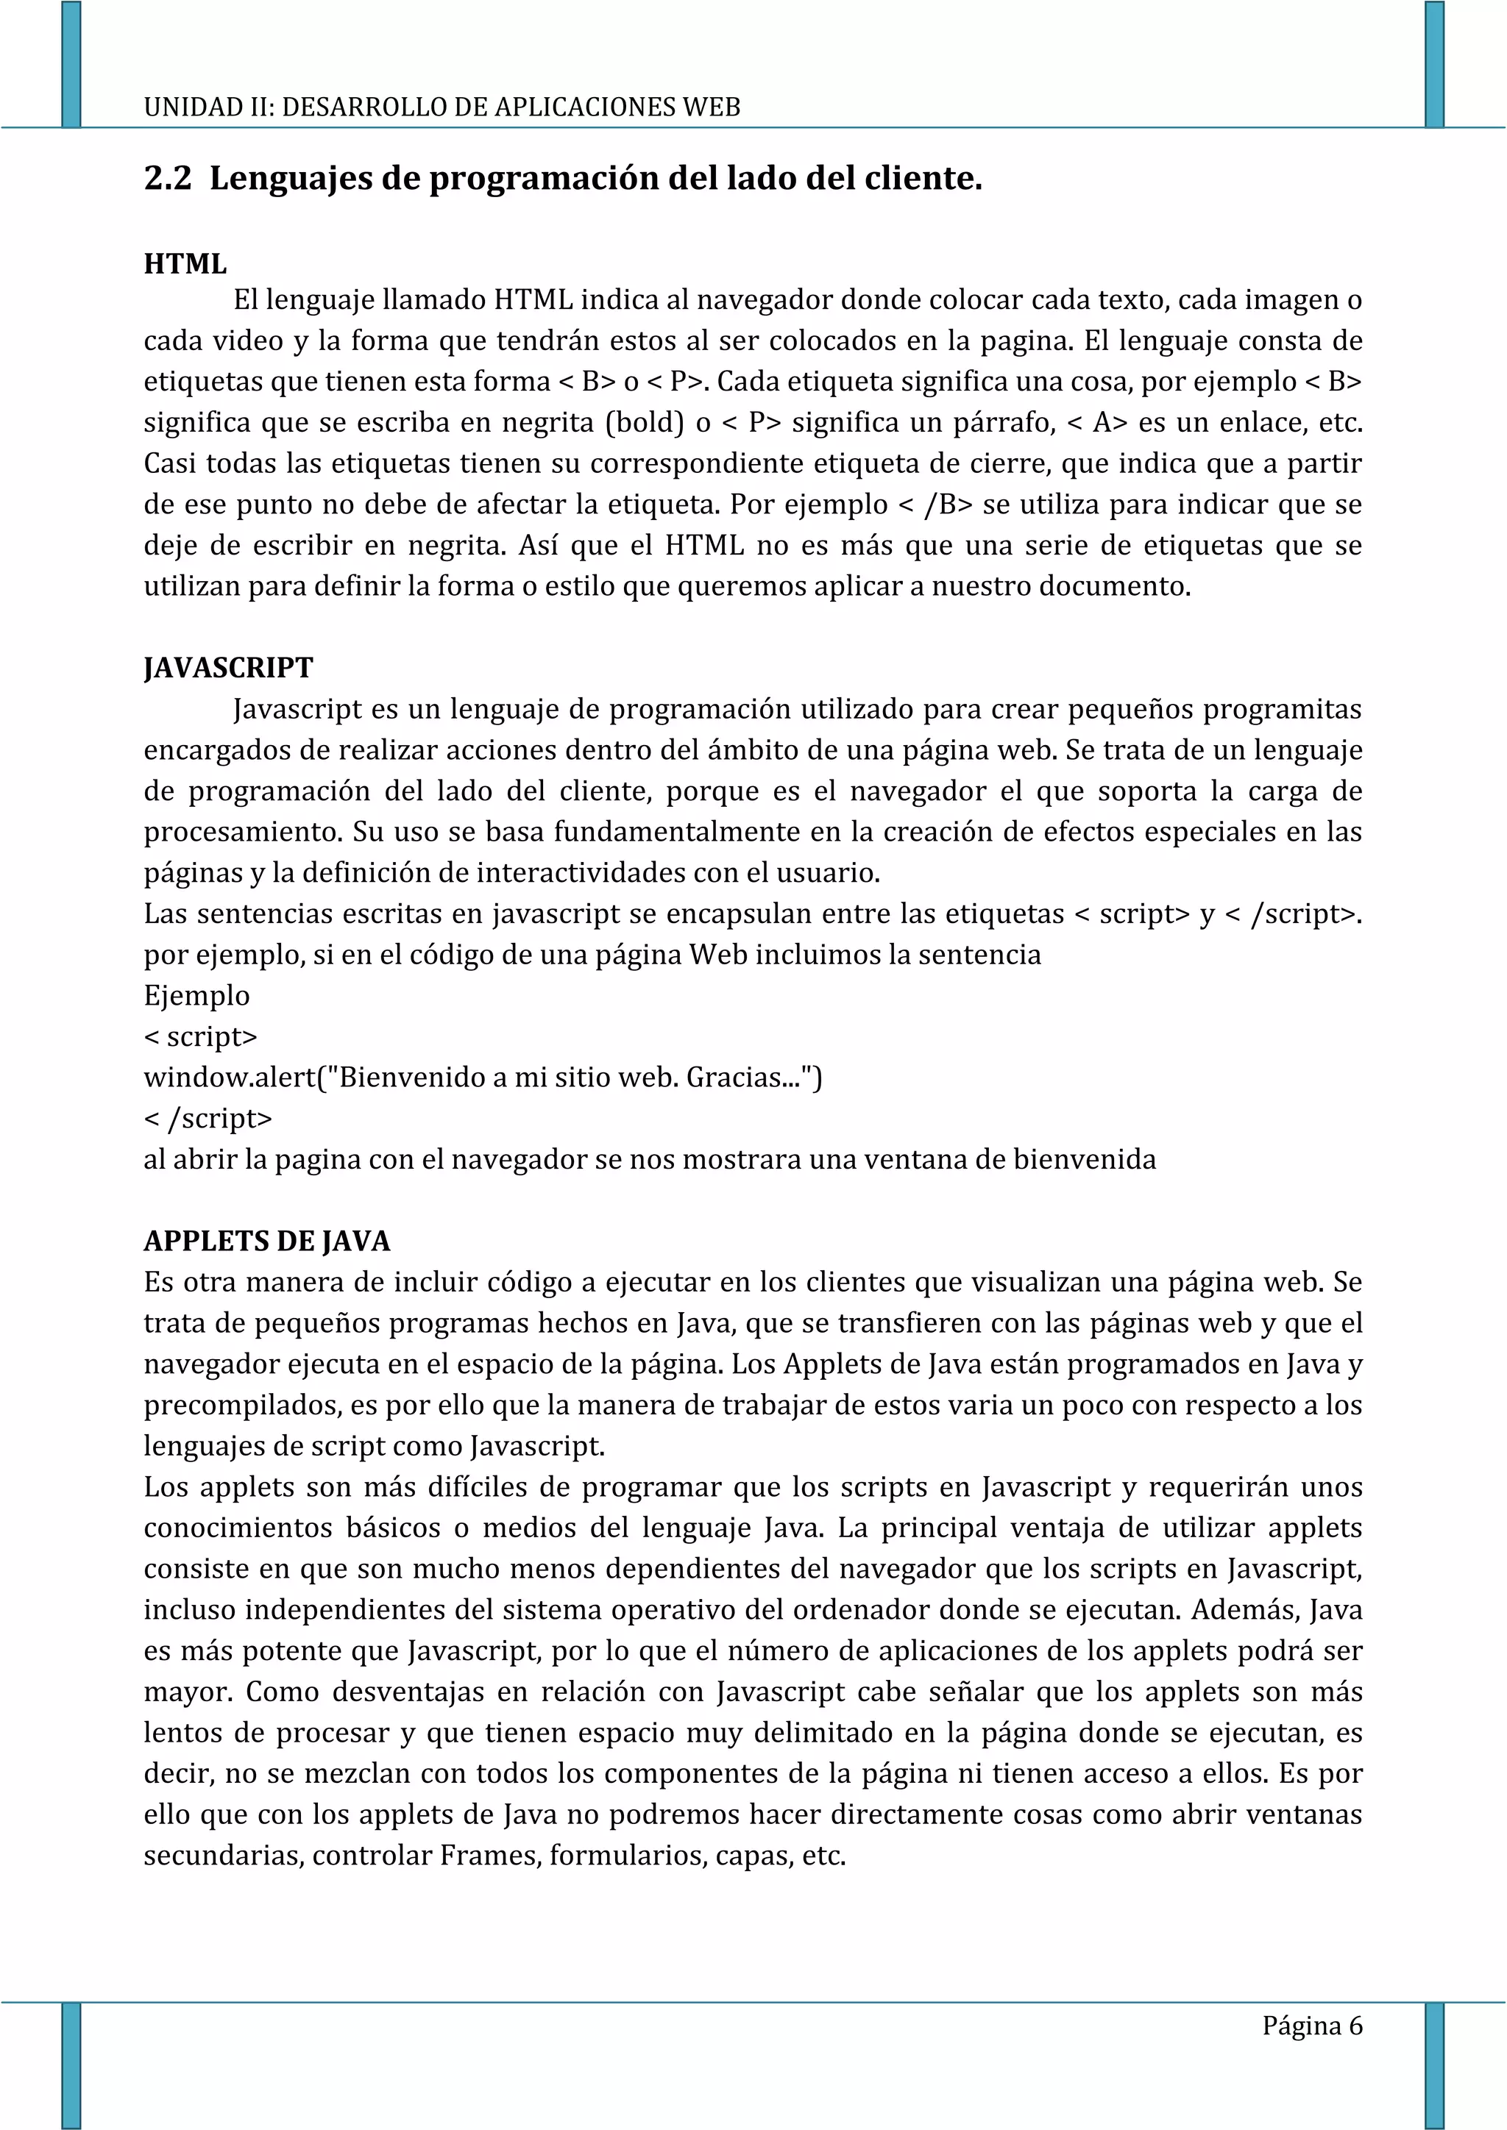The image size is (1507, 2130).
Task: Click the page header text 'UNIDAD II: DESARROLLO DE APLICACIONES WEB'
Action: coord(442,107)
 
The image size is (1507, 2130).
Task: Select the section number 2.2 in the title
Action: coord(167,178)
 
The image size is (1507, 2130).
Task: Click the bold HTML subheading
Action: coord(185,264)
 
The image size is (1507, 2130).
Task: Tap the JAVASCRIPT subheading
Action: coord(228,668)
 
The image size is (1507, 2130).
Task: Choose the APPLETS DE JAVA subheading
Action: coord(267,1242)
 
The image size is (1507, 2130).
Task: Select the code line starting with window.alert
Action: coord(483,1078)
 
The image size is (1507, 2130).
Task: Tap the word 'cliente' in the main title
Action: coord(923,178)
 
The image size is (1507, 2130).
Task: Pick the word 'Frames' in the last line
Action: coord(490,1856)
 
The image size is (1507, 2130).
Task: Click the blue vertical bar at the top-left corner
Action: coord(71,63)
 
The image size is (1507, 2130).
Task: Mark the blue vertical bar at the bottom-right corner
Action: coord(1435,2064)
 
